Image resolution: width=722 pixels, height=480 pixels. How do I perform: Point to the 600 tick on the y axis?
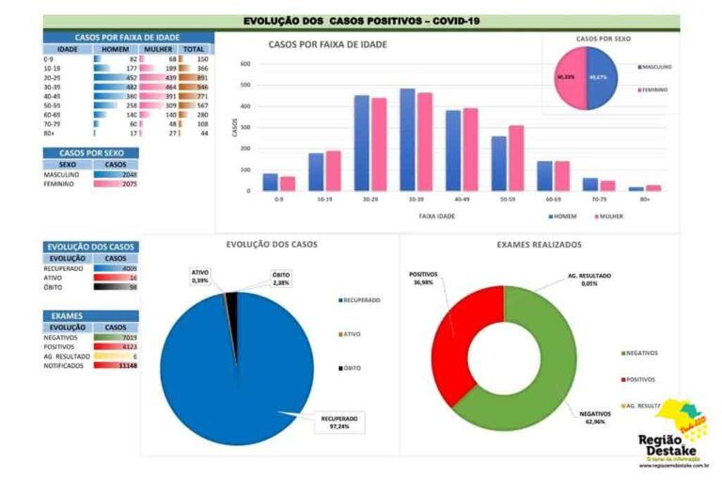[x=244, y=64]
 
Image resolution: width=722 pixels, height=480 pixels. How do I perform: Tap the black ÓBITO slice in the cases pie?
[x=230, y=299]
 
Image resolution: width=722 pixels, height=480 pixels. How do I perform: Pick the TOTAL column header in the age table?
[x=194, y=49]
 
